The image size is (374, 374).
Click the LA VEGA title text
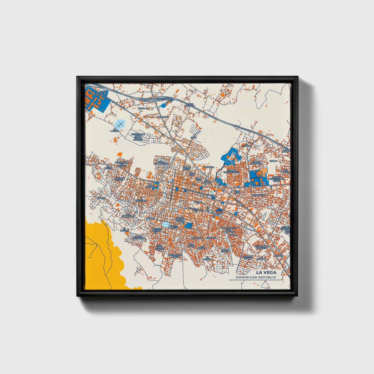tap(266, 272)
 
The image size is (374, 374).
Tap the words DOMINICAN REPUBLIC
tap(256, 277)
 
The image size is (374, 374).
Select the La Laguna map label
tap(115, 130)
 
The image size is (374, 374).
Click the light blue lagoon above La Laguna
tap(120, 123)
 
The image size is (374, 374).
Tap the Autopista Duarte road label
tap(165, 99)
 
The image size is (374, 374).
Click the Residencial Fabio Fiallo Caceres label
tap(138, 137)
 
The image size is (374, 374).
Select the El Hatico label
tap(108, 167)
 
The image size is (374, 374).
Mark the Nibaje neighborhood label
tap(101, 198)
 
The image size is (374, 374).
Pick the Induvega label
tap(209, 167)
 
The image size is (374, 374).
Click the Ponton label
tap(278, 256)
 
